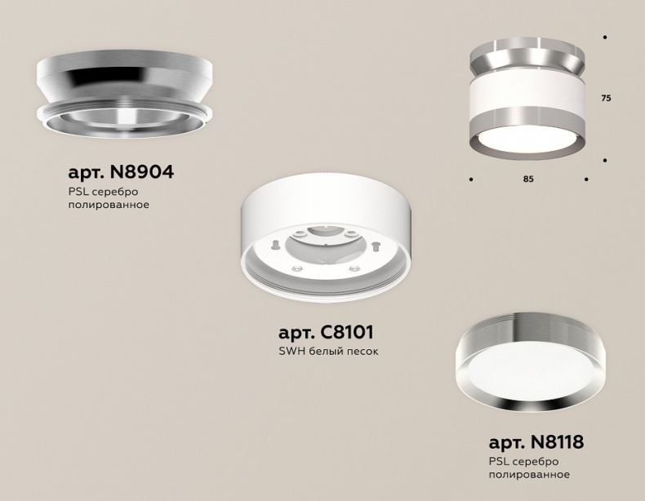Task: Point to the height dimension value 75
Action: (x=606, y=98)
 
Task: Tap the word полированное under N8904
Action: (x=109, y=204)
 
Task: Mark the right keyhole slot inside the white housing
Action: (x=376, y=244)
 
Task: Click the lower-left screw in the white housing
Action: (x=297, y=267)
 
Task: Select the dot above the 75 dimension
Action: (x=605, y=38)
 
